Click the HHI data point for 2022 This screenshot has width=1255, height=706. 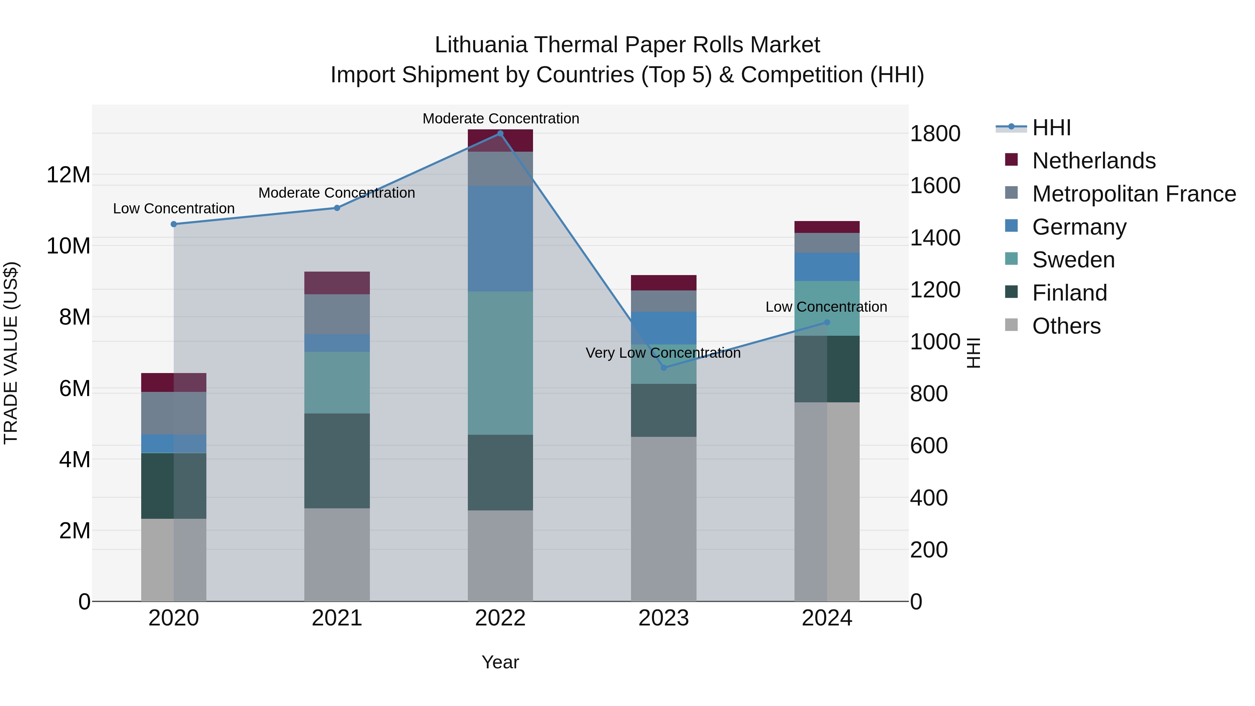tap(500, 134)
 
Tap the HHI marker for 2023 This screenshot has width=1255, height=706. tap(663, 367)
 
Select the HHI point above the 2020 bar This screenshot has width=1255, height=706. tap(174, 224)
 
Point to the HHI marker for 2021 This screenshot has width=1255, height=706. tap(337, 208)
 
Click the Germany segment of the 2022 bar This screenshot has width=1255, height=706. tap(500, 239)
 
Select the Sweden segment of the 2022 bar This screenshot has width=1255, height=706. tap(500, 363)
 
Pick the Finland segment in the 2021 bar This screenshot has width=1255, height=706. tap(337, 461)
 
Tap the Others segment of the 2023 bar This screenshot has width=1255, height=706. tap(663, 519)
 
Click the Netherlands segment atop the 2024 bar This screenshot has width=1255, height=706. tap(827, 227)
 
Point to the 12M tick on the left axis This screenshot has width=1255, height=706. tap(68, 175)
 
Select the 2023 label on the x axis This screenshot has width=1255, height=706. tap(663, 618)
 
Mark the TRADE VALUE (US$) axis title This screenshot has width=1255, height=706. tap(11, 353)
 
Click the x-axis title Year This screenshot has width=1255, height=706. tap(500, 662)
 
